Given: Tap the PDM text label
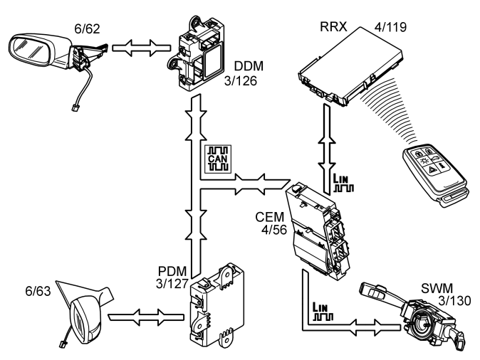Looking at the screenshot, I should point(171,272).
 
